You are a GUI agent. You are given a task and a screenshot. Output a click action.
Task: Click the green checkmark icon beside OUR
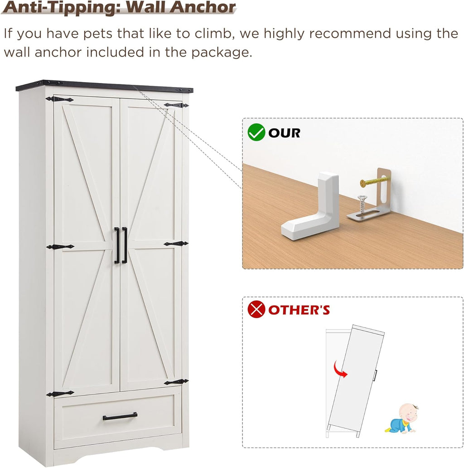[x=256, y=132]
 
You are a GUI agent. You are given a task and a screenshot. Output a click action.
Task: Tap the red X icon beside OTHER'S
[x=256, y=309]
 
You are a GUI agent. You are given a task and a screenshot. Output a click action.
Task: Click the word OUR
[x=284, y=133]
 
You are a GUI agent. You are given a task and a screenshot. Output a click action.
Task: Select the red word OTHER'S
[x=299, y=310]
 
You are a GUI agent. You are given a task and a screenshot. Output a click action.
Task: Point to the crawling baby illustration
[x=401, y=419]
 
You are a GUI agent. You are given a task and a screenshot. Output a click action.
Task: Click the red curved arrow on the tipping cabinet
[x=340, y=369]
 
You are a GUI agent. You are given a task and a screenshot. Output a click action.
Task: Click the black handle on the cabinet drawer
[x=120, y=416]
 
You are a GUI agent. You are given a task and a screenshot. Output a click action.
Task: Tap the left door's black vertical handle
[x=116, y=245]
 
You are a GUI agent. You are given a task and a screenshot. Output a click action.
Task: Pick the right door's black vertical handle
[x=125, y=245]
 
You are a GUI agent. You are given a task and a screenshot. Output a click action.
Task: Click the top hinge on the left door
[x=60, y=99]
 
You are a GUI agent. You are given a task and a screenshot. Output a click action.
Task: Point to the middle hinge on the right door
[x=176, y=244]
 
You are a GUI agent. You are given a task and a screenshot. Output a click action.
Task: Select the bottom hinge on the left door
[x=60, y=394]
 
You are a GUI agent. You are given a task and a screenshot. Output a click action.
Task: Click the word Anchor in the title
[x=203, y=7]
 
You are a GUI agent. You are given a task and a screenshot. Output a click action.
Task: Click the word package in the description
[x=222, y=53]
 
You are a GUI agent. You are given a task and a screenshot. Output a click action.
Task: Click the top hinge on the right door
[x=176, y=105]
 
